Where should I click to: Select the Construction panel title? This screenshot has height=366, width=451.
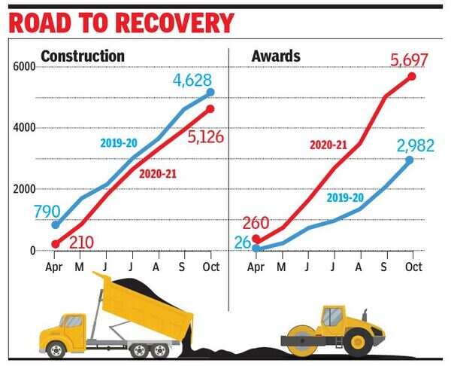click(83, 56)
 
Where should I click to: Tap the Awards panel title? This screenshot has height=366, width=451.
click(276, 56)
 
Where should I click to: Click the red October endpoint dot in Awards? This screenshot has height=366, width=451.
click(411, 76)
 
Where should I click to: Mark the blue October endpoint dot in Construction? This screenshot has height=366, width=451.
click(210, 92)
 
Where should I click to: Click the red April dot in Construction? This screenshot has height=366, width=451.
click(55, 244)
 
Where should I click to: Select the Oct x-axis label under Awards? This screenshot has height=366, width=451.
click(413, 267)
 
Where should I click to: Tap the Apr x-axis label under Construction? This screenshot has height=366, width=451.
click(55, 267)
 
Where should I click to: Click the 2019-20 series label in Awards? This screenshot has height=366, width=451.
click(345, 197)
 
